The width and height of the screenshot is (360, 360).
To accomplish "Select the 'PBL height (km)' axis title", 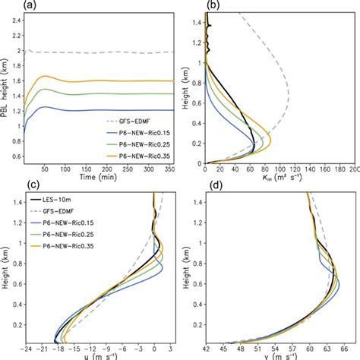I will pos(7,91).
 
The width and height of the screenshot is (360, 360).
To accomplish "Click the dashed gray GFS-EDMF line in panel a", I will pos(99,52).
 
